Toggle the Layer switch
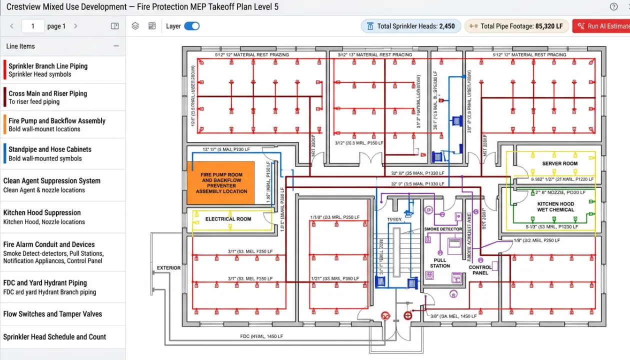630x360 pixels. click(x=191, y=26)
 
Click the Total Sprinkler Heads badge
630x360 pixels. click(x=410, y=26)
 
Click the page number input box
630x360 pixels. click(x=33, y=26)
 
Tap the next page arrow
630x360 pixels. click(x=75, y=26)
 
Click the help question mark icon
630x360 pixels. click(x=613, y=6)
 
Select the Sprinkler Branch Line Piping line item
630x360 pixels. click(x=47, y=69)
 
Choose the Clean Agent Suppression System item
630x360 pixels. click(x=51, y=185)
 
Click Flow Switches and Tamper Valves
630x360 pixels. click(x=52, y=314)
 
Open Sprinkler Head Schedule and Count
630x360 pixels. click(x=54, y=337)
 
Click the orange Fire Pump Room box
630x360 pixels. click(x=221, y=183)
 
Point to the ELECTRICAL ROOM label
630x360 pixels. click(x=228, y=219)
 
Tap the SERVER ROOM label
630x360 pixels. click(x=559, y=163)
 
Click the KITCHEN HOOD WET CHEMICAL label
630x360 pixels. click(x=555, y=207)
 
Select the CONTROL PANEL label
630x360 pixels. click(x=480, y=270)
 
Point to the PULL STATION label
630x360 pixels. click(x=440, y=263)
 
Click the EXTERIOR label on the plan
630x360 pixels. click(x=168, y=268)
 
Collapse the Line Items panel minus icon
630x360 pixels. click(x=116, y=46)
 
